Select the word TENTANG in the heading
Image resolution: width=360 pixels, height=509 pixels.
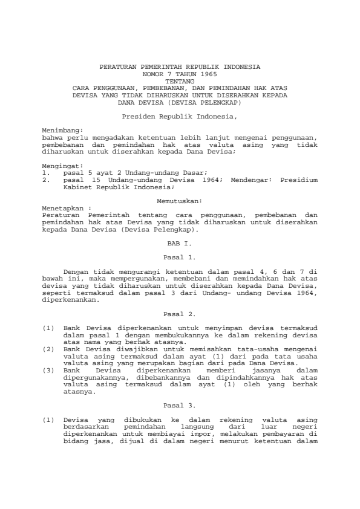180,80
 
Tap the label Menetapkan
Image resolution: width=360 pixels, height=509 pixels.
63,207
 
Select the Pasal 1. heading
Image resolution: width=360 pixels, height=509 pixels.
180,257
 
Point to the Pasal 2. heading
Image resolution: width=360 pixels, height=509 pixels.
180,314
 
